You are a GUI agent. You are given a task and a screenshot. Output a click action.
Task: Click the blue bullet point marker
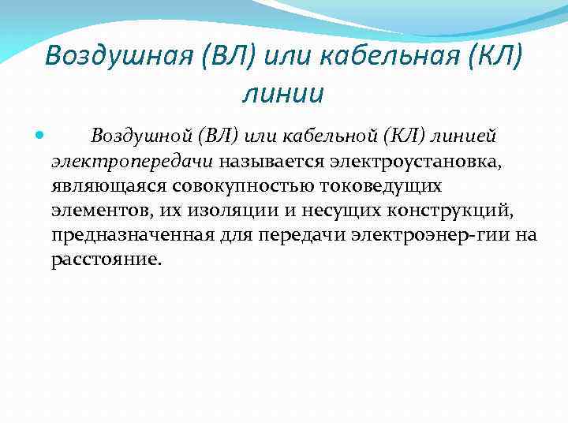pos(40,136)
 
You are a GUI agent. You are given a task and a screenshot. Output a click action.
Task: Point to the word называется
pos(265,161)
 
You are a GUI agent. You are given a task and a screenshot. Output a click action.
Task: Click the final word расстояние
pos(106,260)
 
